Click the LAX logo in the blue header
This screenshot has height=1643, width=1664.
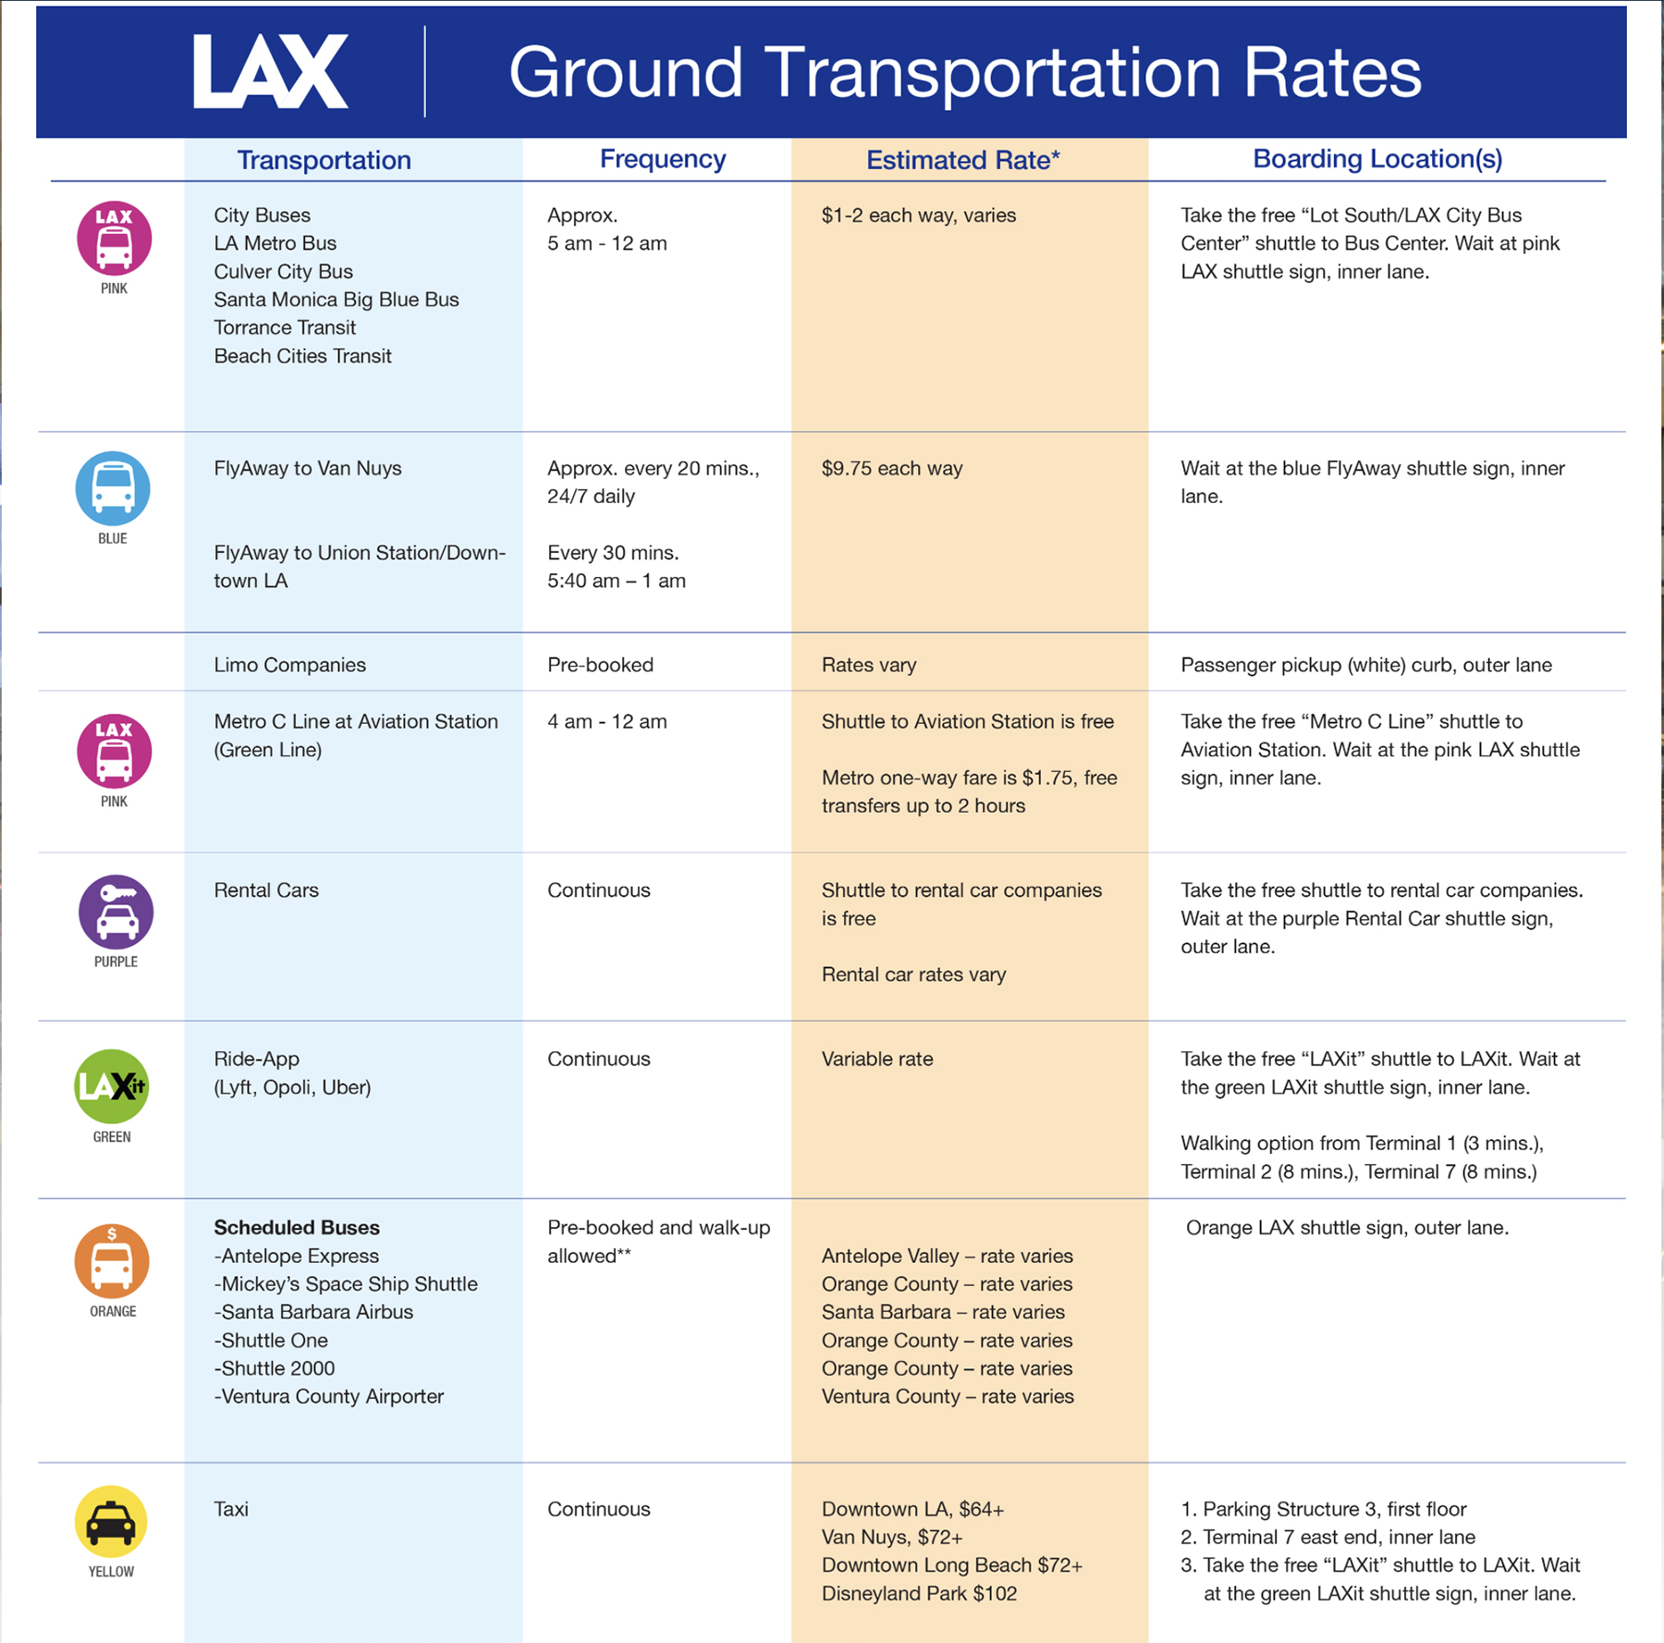[x=270, y=72]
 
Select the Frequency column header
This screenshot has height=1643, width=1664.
[x=662, y=159]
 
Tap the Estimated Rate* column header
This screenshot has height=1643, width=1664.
[x=962, y=160]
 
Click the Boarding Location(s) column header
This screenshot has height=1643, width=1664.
[x=1376, y=159]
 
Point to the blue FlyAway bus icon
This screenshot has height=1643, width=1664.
[x=113, y=488]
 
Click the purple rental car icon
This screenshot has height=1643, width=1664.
[x=116, y=912]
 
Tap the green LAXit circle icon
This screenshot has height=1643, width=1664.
[x=111, y=1086]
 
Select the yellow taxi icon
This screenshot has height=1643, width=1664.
[x=111, y=1522]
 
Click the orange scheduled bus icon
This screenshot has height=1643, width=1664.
[x=112, y=1261]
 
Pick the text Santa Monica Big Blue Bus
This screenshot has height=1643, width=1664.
[x=336, y=300]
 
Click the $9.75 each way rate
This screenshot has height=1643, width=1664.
[x=891, y=468]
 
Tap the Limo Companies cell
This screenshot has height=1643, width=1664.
[x=289, y=665]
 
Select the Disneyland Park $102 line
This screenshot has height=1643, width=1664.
[x=919, y=1593]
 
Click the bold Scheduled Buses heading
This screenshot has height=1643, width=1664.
[x=297, y=1228]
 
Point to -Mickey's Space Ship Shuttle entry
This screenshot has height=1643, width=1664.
[x=346, y=1283]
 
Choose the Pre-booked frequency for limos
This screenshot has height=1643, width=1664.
[x=600, y=665]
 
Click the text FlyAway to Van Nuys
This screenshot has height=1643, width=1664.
[x=307, y=468]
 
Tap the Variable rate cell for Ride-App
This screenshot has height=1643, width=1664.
[x=876, y=1059]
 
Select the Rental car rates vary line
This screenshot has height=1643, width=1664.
[x=913, y=975]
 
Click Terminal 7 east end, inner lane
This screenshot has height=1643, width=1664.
[x=1338, y=1537]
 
